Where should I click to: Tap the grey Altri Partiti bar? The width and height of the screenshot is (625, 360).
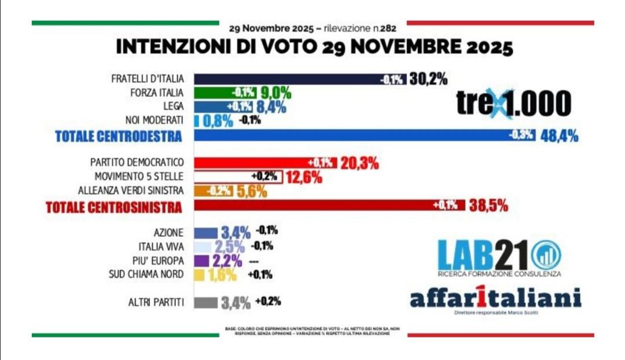[205, 302]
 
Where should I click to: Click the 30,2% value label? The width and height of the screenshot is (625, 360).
[428, 79]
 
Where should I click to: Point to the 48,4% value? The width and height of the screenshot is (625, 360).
[558, 136]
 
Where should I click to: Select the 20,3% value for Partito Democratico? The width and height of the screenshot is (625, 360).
[359, 163]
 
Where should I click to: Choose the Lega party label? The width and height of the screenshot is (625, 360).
[174, 106]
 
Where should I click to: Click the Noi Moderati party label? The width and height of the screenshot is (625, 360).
[155, 120]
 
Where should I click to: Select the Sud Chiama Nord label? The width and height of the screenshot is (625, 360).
[148, 274]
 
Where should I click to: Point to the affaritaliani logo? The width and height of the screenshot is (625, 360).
[495, 299]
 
